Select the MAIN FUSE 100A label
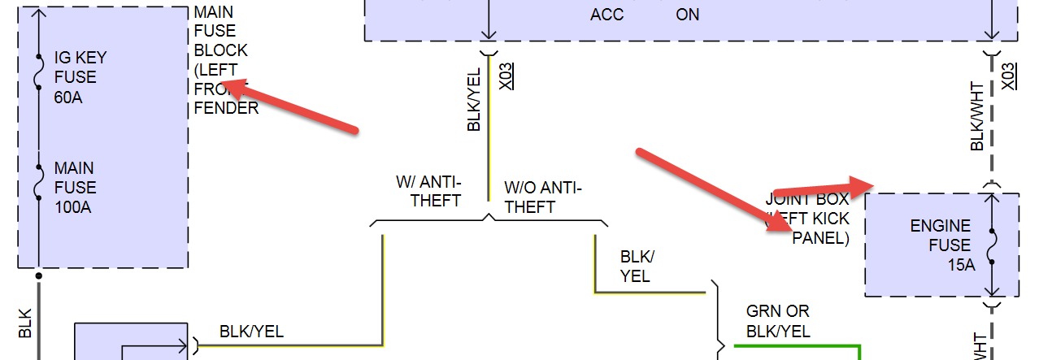point(75,188)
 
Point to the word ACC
point(608,15)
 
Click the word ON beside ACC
point(687,15)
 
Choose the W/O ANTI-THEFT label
point(542,197)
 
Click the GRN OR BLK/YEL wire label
point(778,321)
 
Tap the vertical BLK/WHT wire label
point(978,117)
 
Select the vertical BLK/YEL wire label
point(474,99)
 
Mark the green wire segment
point(797,347)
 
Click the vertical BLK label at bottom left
point(24,323)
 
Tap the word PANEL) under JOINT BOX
point(820,238)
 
